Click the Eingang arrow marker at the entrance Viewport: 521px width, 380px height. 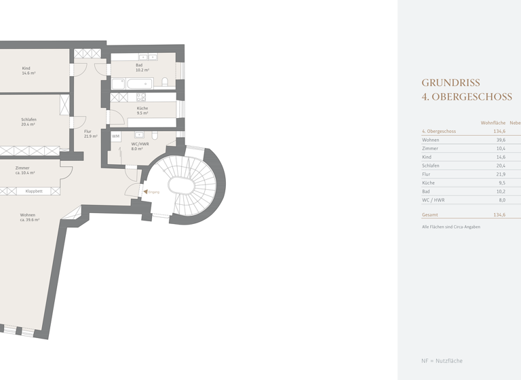pos(144,192)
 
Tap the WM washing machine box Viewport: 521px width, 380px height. pos(116,136)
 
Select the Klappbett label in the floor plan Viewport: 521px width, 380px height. pos(34,191)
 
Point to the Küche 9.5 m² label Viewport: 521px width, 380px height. pos(142,111)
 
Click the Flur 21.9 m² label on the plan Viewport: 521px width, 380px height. pos(90,134)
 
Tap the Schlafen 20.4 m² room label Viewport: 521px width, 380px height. pos(28,122)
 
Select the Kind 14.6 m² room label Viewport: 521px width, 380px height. pos(28,71)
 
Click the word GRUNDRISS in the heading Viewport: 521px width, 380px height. pos(450,83)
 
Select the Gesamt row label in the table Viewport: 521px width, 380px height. pos(430,214)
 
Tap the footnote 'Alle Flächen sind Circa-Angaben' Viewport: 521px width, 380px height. pos(450,227)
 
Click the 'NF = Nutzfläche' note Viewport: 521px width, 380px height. pos(442,360)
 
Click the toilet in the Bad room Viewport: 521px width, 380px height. pos(165,83)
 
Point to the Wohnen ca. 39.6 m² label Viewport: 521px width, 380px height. pos(29,218)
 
